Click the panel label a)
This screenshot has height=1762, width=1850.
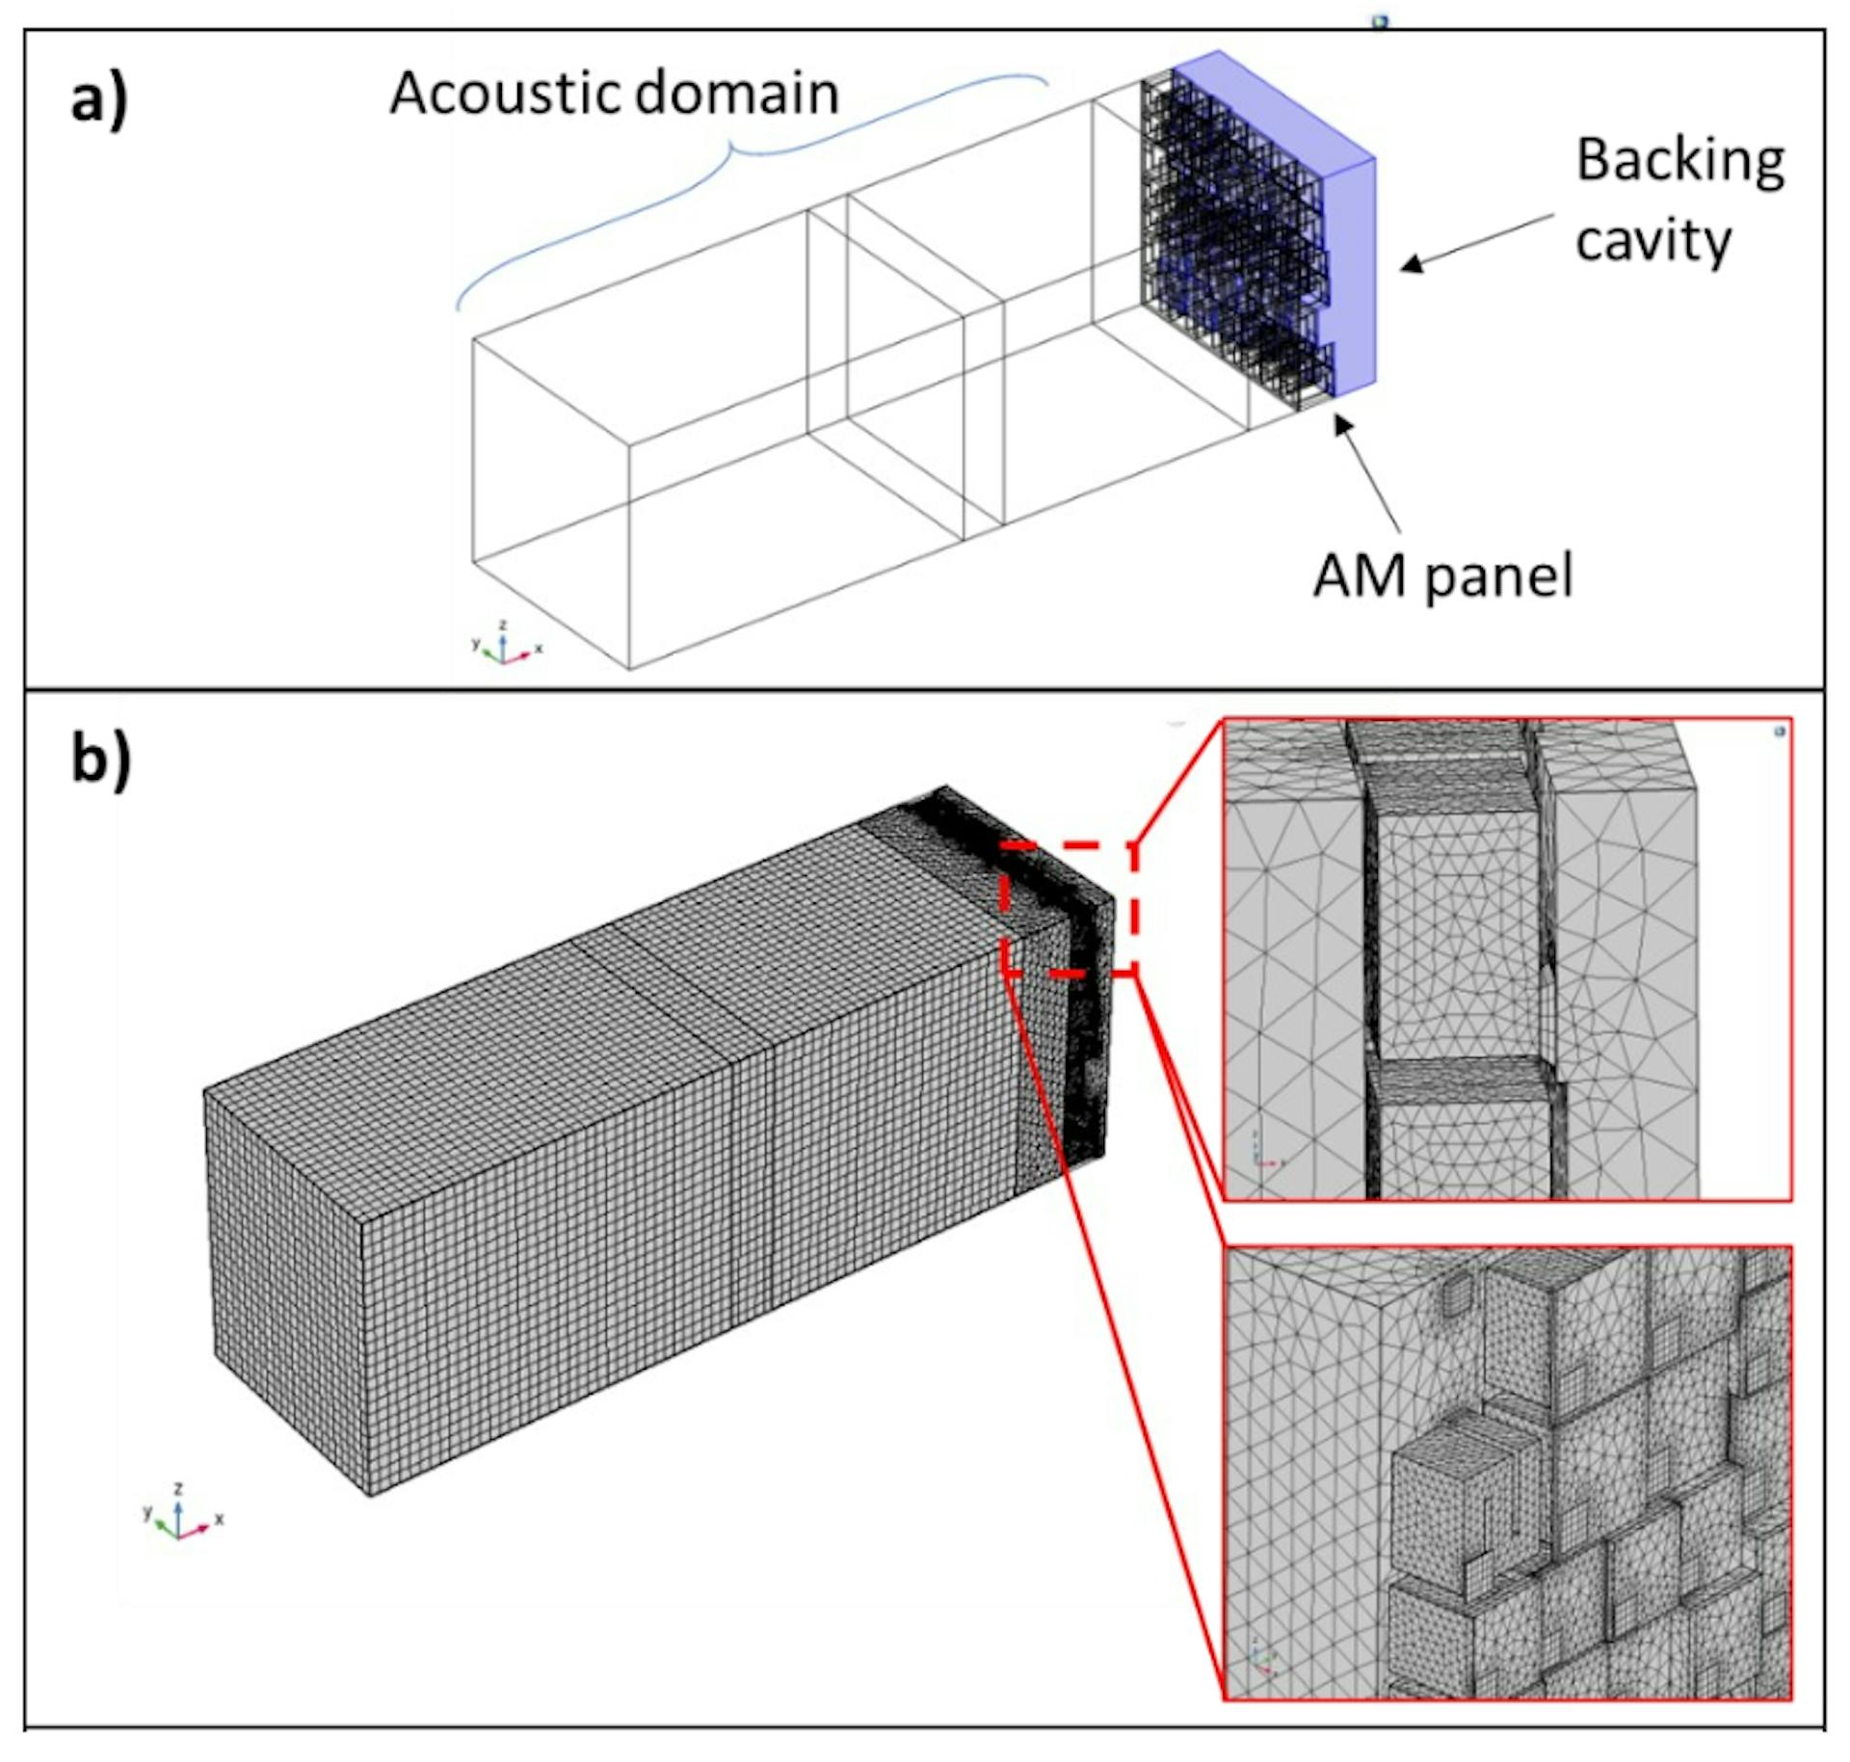[x=99, y=98]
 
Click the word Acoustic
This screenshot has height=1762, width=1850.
[x=504, y=93]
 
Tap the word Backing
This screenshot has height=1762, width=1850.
[x=1679, y=162]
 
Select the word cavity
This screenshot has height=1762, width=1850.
[x=1652, y=241]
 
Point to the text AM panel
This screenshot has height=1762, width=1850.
[x=1442, y=575]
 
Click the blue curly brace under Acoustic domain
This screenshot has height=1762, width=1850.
[x=732, y=154]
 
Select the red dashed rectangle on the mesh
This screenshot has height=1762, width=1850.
[x=1069, y=908]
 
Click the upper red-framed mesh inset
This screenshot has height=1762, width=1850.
[x=1506, y=958]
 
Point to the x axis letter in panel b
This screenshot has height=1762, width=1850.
[x=220, y=1518]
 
